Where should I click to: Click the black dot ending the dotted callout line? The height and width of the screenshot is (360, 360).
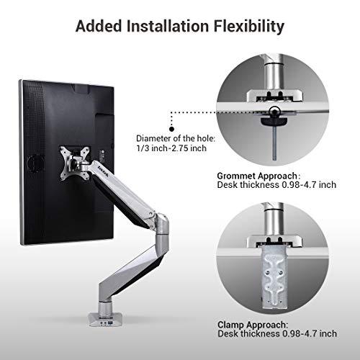coord(170,112)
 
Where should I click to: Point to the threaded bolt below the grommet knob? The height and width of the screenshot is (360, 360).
coord(276,141)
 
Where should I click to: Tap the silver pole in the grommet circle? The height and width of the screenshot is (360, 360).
coord(276,72)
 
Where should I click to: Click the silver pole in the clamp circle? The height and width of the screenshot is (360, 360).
coord(275,220)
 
